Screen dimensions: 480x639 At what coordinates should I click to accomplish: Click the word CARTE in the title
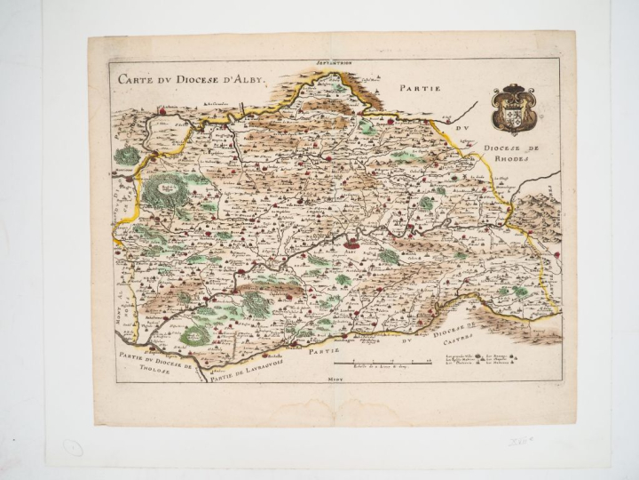(136, 78)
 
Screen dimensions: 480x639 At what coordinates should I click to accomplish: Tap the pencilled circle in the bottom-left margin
(74, 449)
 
